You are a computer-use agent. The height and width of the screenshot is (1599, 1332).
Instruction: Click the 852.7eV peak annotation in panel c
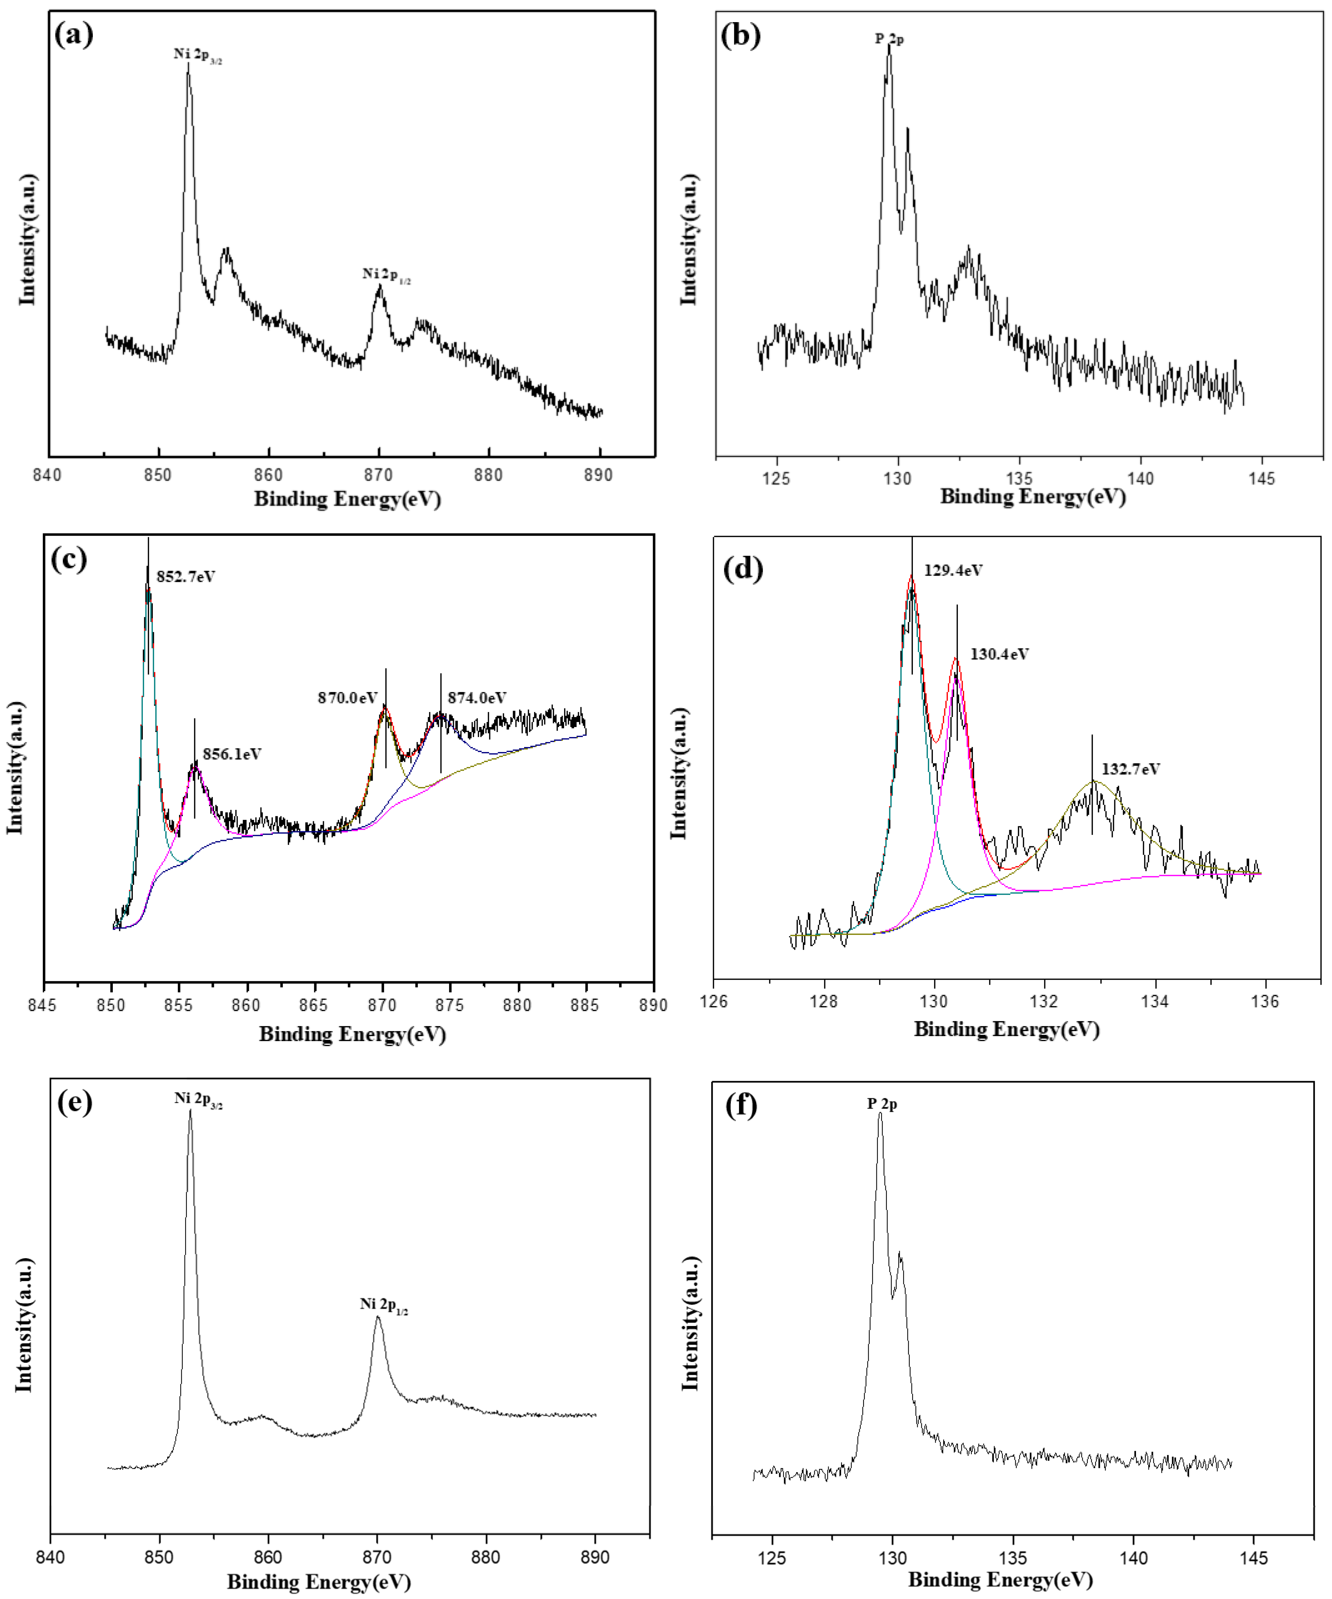pos(186,576)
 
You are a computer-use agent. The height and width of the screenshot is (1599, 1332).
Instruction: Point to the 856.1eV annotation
pos(231,754)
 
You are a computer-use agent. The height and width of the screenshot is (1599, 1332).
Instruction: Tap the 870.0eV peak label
pos(347,697)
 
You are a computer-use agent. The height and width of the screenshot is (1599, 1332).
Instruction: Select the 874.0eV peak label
pos(477,697)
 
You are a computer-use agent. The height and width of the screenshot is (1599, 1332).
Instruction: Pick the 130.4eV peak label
pos(999,654)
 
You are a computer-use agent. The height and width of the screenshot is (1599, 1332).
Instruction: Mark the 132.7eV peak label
pos(1130,769)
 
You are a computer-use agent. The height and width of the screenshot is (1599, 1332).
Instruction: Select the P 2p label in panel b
pos(889,38)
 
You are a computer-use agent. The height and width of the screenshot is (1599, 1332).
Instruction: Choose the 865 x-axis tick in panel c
pos(313,1005)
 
